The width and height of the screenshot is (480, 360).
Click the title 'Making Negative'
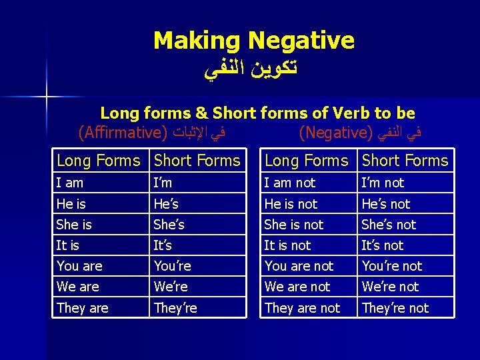(253, 41)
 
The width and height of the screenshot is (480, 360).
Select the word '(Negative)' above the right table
(334, 132)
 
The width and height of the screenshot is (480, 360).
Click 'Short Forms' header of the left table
(197, 161)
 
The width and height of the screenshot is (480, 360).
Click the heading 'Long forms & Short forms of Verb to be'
(257, 113)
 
